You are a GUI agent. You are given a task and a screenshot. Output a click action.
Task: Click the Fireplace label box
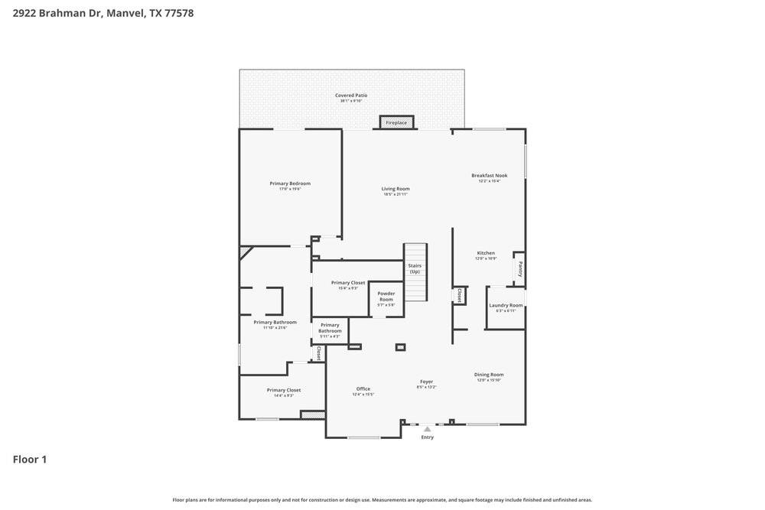pos(396,122)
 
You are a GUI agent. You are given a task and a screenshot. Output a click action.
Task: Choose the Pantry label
pos(520,269)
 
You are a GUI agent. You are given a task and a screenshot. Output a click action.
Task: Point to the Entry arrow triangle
pos(427,429)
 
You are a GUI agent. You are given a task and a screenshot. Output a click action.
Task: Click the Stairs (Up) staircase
pos(415,271)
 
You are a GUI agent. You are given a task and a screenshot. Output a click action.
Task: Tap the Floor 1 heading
pos(30,460)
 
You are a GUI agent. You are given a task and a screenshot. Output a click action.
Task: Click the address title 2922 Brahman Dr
pos(103,13)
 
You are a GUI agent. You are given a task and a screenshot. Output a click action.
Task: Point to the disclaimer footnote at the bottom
pos(382,500)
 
